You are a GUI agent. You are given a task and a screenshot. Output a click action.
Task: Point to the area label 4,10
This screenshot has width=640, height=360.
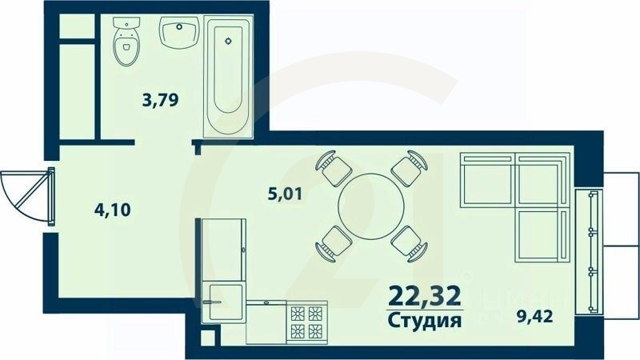point(112,210)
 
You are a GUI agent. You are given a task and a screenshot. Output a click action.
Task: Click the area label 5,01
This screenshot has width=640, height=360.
point(286,192)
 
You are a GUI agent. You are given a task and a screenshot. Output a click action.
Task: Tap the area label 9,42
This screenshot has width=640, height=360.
point(535,317)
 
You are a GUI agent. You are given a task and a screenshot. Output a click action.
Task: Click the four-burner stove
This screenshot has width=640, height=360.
point(307,322)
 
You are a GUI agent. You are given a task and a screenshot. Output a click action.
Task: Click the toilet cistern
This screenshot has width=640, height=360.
point(125,26)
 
